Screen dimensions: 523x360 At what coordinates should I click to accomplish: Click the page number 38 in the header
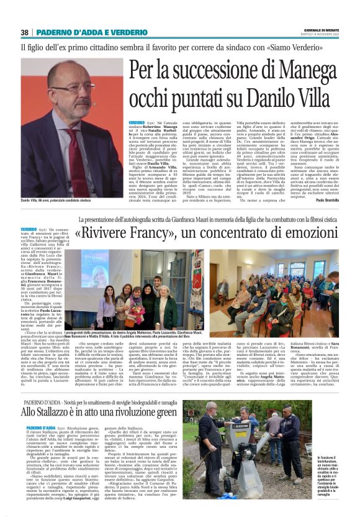(x=25, y=32)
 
